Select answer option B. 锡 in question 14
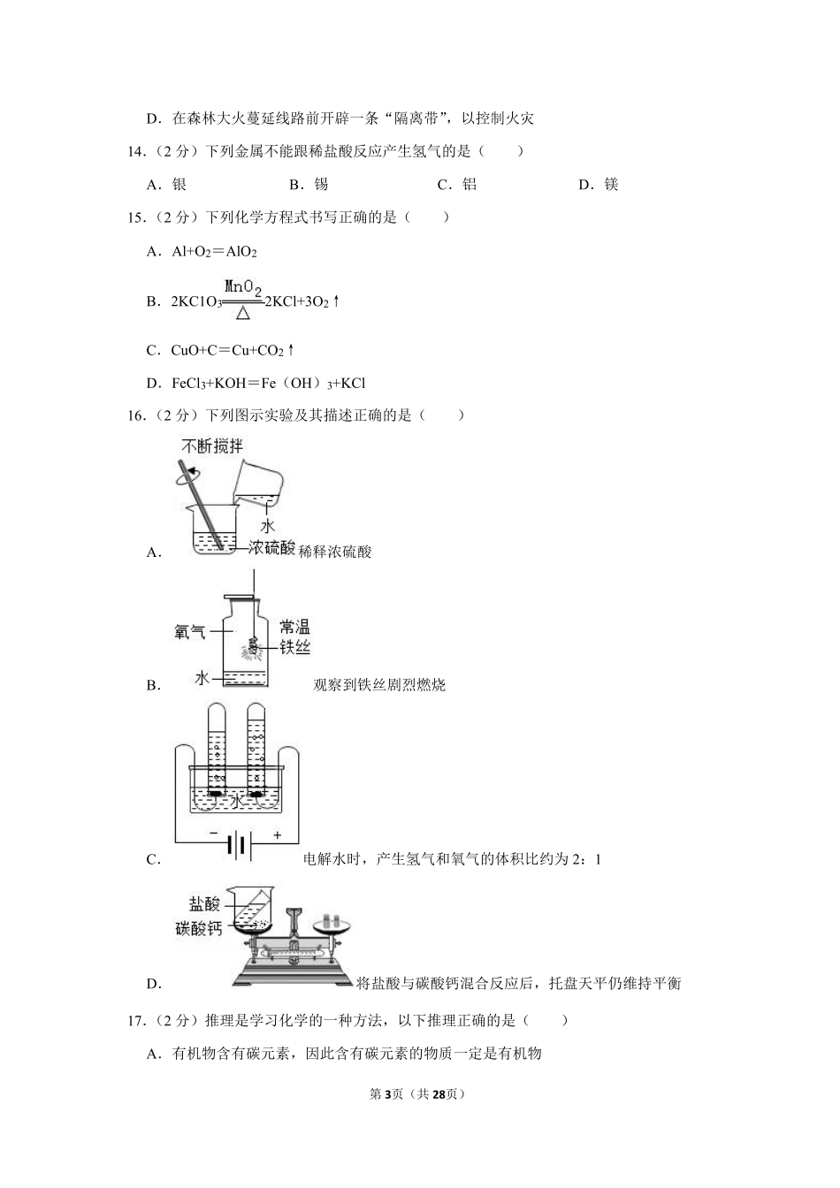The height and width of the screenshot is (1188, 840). point(309,185)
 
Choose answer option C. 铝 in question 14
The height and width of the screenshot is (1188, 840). point(457,185)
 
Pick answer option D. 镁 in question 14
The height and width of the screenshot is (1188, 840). point(599,185)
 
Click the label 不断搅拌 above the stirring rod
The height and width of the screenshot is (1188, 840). point(212,446)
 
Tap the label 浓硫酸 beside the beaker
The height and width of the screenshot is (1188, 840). point(271,548)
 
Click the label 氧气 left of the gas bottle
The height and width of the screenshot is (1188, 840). point(190,632)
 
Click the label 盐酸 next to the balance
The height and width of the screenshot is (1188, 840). point(205,904)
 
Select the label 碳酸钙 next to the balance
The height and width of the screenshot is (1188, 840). point(199,928)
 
